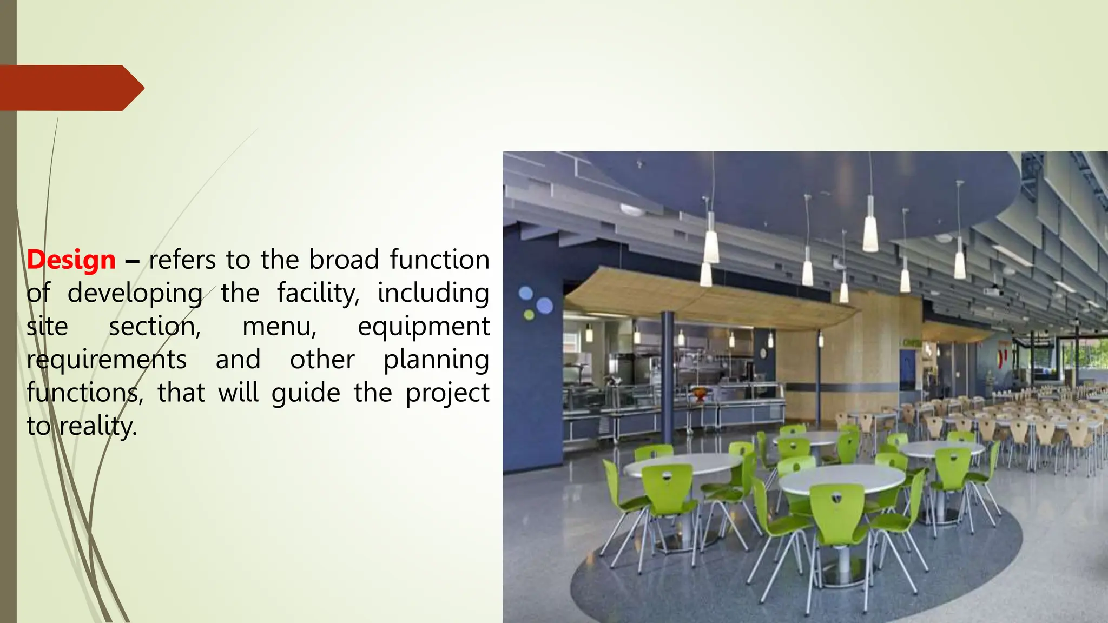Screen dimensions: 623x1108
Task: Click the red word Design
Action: point(71,260)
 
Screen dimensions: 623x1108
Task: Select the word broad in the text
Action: point(344,260)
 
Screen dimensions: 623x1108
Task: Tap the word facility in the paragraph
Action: point(318,294)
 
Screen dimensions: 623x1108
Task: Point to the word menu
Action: point(279,327)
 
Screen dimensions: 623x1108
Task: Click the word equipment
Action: point(424,327)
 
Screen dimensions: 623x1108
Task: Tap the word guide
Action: point(306,393)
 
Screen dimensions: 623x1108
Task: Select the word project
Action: point(447,393)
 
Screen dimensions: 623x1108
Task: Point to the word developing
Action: point(135,294)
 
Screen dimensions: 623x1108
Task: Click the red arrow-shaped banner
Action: point(70,88)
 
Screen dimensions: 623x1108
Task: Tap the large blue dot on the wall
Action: point(544,306)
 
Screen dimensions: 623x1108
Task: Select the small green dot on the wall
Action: point(529,315)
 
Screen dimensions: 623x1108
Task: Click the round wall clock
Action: point(763,353)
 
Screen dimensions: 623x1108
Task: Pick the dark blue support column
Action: point(668,373)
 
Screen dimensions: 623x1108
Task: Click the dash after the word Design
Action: point(132,262)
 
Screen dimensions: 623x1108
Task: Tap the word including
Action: point(433,294)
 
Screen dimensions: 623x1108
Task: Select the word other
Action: point(322,360)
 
